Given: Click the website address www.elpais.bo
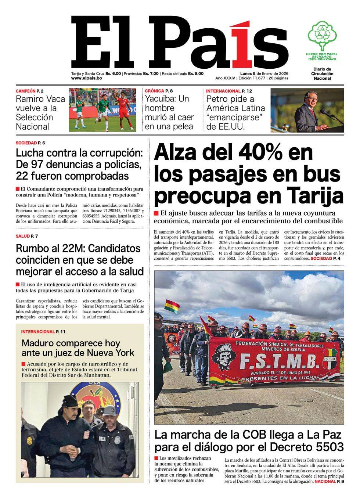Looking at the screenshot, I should tap(86, 78).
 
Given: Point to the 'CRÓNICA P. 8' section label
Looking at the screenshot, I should tap(159, 91).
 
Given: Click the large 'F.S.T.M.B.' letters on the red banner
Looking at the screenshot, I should tap(279, 363).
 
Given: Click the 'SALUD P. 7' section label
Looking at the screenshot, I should tap(27, 236).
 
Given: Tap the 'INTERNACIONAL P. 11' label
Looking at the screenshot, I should tap(43, 332).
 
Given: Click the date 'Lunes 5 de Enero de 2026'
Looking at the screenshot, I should tap(262, 73).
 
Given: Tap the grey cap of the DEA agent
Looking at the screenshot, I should tap(110, 409).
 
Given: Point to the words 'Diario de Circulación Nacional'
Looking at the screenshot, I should tap(322, 73).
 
